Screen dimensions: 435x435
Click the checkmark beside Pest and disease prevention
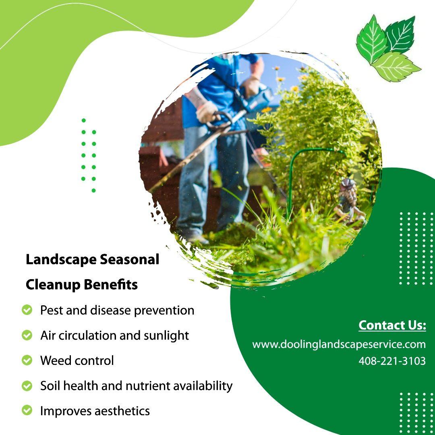pos(27,310)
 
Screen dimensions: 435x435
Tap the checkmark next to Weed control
pos(27,360)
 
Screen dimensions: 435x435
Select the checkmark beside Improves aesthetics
pos(27,410)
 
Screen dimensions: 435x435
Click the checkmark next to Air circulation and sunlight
pos(27,335)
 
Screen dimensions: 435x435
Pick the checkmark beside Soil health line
pos(27,385)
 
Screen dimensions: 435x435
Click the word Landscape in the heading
pos(61,260)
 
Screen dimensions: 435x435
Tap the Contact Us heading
pos(392,325)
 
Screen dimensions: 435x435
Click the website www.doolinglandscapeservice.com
pos(339,345)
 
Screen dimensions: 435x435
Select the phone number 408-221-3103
pos(392,361)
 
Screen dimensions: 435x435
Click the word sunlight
pos(166,336)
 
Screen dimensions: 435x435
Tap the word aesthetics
pos(122,411)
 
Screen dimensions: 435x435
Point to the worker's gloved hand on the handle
pos(207,112)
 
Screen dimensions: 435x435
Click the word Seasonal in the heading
pos(130,260)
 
